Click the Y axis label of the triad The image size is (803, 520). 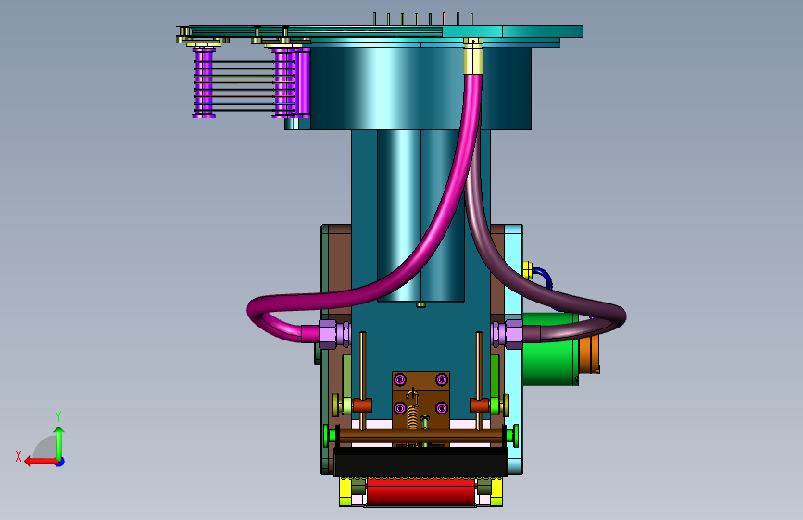click(x=58, y=415)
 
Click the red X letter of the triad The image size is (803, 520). click(x=19, y=456)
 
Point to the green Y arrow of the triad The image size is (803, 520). click(x=59, y=443)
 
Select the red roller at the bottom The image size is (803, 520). click(x=420, y=492)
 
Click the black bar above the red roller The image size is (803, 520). click(x=420, y=462)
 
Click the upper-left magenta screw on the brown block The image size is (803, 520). click(x=400, y=379)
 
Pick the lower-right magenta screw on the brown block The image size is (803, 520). click(x=442, y=408)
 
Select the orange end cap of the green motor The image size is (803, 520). click(x=589, y=354)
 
